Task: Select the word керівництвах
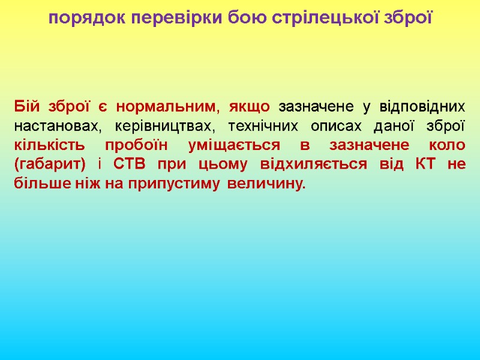pos(161,127)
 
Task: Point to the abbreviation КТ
pos(423,165)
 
